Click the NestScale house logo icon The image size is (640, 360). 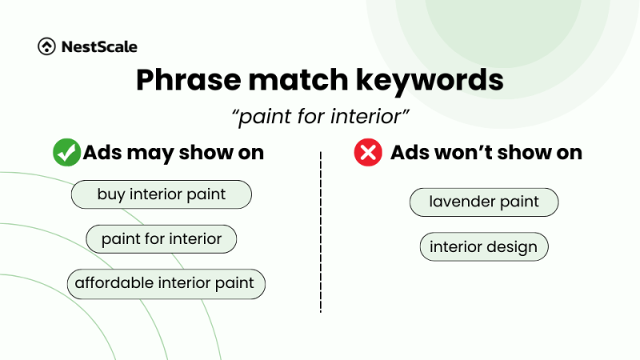46,47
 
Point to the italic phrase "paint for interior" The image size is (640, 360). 320,117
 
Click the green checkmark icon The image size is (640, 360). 66,153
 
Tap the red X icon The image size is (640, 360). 368,153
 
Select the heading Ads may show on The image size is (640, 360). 173,153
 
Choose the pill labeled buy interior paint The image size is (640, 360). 162,194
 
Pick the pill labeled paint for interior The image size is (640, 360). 162,238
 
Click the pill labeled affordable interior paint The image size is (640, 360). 165,283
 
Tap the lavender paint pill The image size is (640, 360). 484,202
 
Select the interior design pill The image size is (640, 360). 484,247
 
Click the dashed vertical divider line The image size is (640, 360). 321,232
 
